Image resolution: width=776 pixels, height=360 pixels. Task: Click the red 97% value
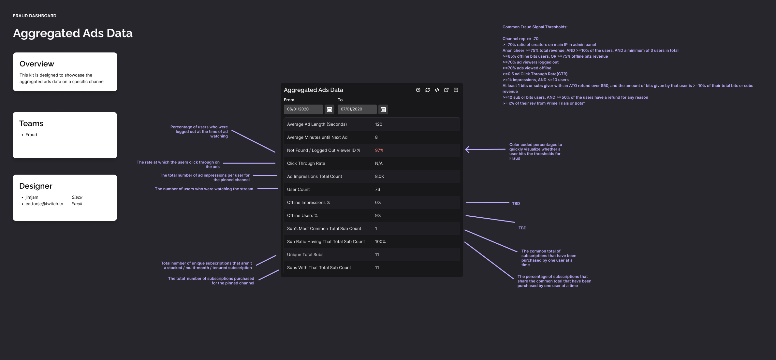(379, 150)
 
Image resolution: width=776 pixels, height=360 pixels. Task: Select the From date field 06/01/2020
(303, 109)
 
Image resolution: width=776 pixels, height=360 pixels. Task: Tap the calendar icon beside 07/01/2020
(383, 109)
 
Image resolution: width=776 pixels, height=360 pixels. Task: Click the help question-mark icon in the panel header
(418, 90)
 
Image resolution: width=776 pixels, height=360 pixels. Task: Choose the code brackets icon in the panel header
(437, 90)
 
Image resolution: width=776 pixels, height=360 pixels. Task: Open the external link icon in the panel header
(447, 90)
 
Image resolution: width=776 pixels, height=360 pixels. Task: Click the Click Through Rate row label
(306, 163)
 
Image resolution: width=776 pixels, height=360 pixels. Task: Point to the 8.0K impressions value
(379, 176)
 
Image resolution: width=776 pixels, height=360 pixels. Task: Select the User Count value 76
(377, 189)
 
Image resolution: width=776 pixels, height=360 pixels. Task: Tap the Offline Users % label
(302, 215)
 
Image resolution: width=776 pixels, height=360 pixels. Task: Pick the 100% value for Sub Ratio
(380, 241)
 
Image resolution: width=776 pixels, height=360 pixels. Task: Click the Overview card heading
(37, 64)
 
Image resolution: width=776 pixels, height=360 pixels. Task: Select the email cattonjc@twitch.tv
(44, 204)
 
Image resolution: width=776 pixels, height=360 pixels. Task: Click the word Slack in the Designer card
(77, 197)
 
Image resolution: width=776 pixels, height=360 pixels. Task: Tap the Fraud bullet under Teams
(31, 135)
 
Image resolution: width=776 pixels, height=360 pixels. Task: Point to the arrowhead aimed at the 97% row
(467, 150)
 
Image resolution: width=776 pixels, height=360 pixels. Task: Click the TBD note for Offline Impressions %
(516, 204)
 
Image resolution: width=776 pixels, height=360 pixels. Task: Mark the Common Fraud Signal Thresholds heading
(535, 27)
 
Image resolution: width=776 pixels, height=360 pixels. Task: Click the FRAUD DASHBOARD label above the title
(35, 16)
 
